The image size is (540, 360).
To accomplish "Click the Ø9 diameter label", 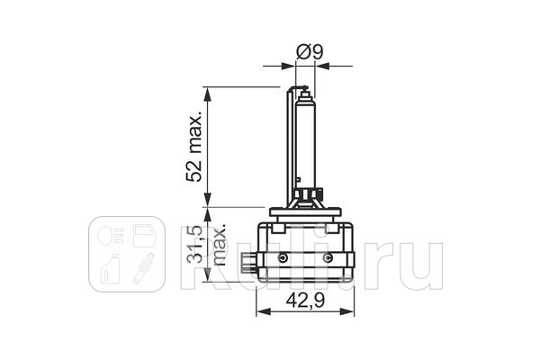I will (310, 52).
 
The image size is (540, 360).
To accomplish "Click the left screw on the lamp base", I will (283, 258).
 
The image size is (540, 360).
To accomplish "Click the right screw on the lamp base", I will (328, 258).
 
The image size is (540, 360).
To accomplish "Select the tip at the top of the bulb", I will (305, 90).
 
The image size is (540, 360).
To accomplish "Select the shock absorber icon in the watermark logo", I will (142, 268).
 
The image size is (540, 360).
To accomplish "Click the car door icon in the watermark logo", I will (143, 237).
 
